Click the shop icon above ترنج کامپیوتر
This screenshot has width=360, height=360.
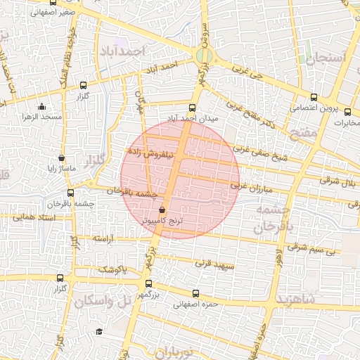point(162,210)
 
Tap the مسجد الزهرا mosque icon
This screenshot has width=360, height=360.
point(42,106)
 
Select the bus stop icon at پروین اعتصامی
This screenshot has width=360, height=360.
point(314,98)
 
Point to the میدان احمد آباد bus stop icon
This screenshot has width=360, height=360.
point(192,108)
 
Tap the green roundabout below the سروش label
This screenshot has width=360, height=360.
point(205,55)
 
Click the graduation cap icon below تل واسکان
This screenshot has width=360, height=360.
point(100,330)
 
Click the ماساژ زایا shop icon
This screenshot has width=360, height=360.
point(63,158)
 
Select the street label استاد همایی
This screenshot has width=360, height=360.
point(34,218)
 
